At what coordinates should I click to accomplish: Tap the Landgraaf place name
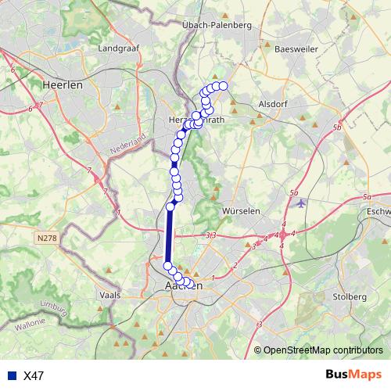(x=119, y=48)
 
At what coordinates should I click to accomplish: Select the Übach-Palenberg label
(x=216, y=25)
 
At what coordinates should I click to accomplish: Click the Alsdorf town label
(x=274, y=102)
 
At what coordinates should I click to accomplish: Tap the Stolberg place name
(x=349, y=297)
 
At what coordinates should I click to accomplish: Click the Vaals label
(x=110, y=296)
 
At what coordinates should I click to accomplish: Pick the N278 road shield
(x=47, y=235)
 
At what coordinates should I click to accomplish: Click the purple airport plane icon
(x=301, y=203)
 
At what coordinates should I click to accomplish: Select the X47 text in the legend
(x=34, y=375)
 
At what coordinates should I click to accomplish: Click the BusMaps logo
(x=353, y=375)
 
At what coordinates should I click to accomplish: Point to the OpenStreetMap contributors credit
(x=322, y=350)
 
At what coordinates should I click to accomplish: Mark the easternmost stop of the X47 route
(x=223, y=86)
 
